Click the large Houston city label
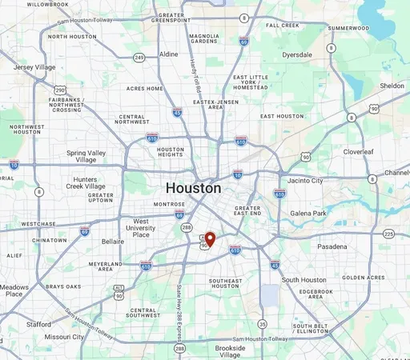point(193,188)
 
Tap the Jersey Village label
point(34,67)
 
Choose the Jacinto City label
point(305,181)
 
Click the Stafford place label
point(38,325)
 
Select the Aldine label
point(169,54)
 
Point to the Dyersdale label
point(296,55)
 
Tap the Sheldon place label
point(392,86)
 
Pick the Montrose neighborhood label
point(169,204)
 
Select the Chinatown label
point(49,240)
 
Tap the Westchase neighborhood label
point(38,224)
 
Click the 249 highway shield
point(139,58)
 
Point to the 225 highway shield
point(388,234)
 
